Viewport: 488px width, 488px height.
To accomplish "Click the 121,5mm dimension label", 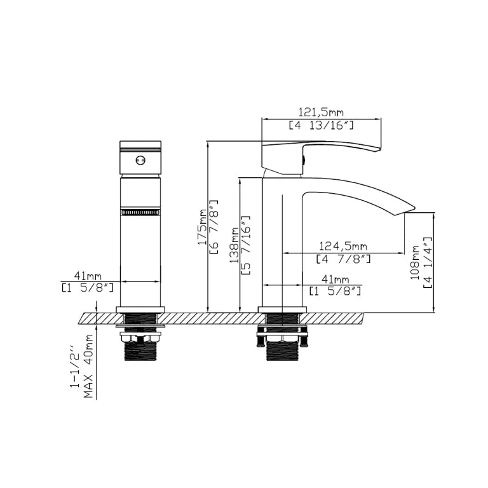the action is point(321,112).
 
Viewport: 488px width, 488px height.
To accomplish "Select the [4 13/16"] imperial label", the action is point(321,125).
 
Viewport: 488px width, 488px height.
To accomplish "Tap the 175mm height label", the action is point(202,227).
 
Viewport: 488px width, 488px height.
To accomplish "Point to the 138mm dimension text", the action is point(234,245).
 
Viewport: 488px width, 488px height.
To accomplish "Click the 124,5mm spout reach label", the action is point(343,246).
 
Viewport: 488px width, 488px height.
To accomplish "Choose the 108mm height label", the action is point(414,262).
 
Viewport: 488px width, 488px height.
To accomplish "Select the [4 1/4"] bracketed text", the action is point(428,262).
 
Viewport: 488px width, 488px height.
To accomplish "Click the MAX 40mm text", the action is point(88,366).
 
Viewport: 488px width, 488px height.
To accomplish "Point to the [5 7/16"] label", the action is point(246,245).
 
